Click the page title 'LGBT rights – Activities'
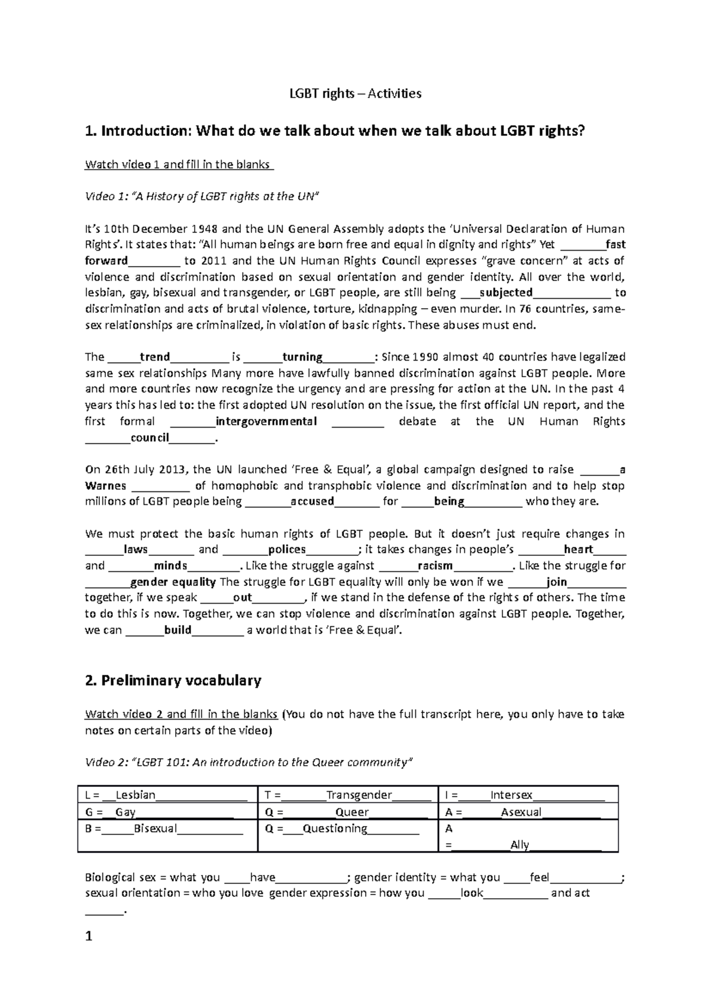tap(354, 93)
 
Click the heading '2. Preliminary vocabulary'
tap(173, 681)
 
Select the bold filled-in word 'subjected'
tap(506, 293)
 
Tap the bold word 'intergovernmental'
tap(266, 422)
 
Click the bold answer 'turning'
tap(302, 357)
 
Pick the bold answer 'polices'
tap(287, 550)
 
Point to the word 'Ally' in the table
tap(519, 845)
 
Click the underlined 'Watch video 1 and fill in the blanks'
tap(178, 164)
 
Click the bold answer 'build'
tap(178, 630)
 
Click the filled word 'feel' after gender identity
tap(540, 877)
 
